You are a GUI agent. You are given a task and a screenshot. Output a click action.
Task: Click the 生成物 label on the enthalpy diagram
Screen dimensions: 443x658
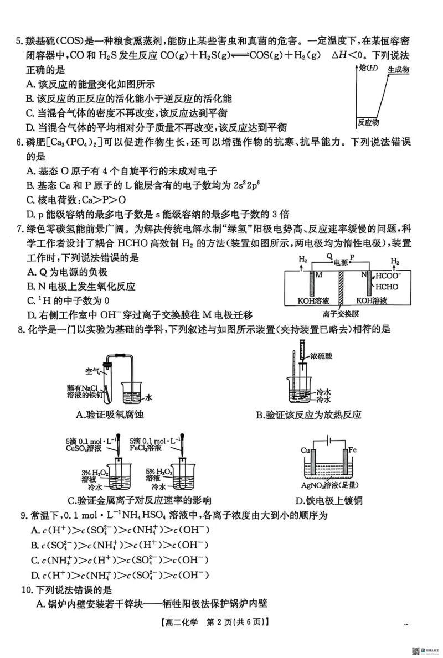pyautogui.click(x=398, y=70)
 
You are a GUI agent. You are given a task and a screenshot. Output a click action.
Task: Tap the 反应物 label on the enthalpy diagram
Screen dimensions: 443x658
pyautogui.click(x=369, y=122)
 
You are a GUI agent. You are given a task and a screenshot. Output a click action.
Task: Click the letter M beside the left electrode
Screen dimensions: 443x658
pyautogui.click(x=318, y=275)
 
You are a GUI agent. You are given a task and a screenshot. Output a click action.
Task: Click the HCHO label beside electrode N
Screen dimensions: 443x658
pyautogui.click(x=387, y=287)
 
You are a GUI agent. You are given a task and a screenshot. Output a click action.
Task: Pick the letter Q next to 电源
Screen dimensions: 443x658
pyautogui.click(x=329, y=256)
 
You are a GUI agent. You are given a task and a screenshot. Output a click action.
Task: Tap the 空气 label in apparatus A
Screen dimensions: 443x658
pyautogui.click(x=92, y=371)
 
